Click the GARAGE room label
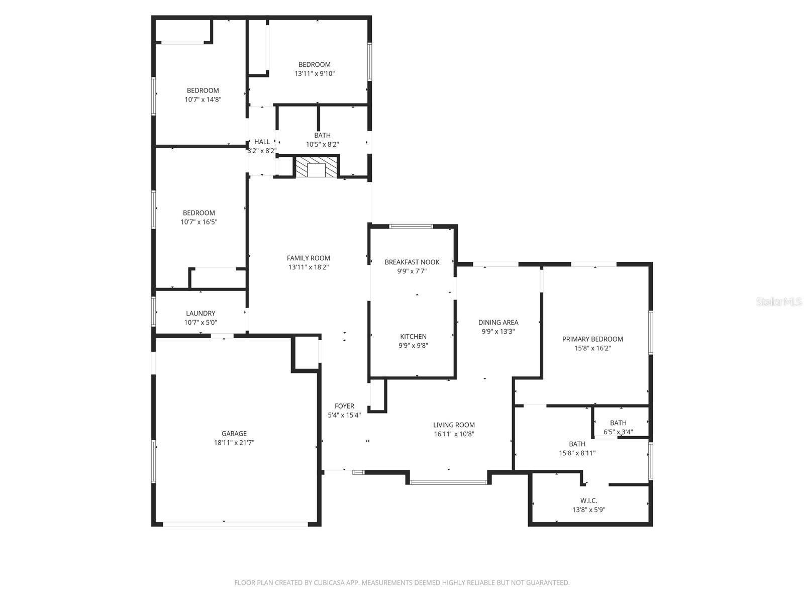click(234, 434)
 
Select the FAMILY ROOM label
click(308, 258)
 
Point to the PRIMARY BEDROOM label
click(592, 339)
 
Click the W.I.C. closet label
click(588, 500)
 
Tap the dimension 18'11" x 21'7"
click(234, 442)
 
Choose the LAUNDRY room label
click(200, 314)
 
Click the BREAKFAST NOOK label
click(412, 262)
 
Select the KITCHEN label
click(413, 337)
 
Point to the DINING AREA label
click(498, 323)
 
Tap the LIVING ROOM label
click(454, 425)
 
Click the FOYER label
click(344, 406)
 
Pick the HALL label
click(262, 142)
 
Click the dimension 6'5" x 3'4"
click(618, 432)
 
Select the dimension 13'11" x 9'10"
click(315, 73)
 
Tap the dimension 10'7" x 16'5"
click(199, 222)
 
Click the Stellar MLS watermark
click(779, 301)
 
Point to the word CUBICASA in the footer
click(329, 582)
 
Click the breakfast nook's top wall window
click(411, 227)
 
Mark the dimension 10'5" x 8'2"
click(322, 144)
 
